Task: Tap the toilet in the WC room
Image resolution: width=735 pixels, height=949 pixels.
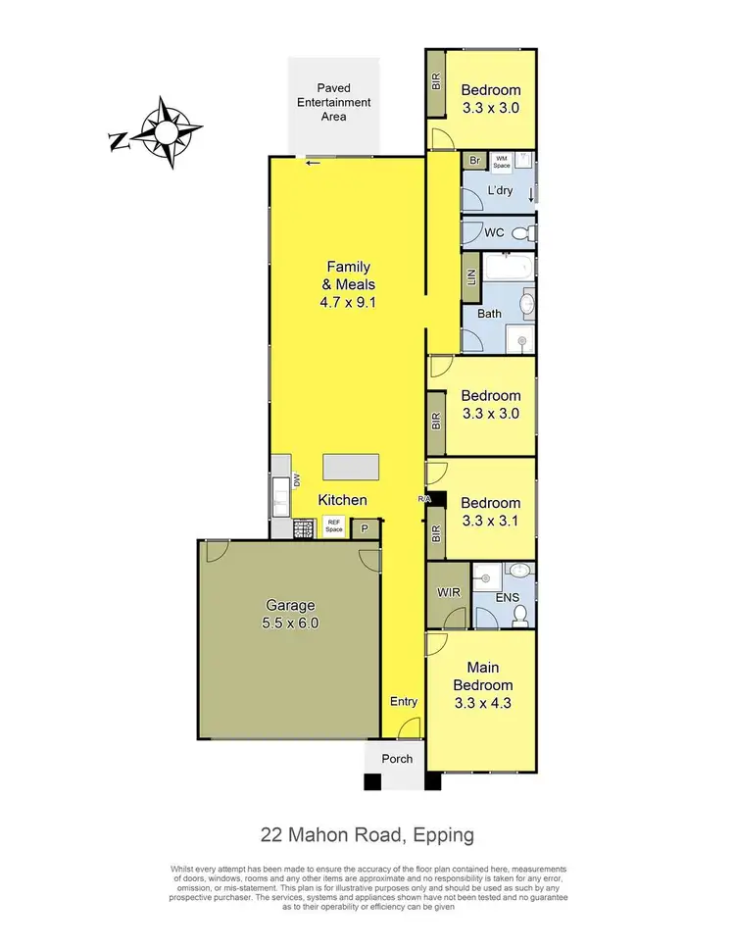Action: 526,232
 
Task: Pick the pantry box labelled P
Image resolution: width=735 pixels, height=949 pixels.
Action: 365,528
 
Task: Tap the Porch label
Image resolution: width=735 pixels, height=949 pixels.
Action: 397,758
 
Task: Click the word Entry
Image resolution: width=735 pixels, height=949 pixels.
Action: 403,701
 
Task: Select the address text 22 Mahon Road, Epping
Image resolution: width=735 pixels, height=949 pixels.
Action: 367,835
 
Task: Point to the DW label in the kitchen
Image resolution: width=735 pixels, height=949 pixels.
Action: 294,479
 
